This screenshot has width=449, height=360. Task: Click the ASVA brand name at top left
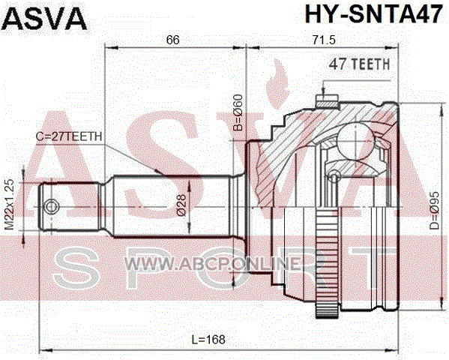pyautogui.click(x=44, y=19)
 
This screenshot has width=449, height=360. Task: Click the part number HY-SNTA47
pyautogui.click(x=374, y=14)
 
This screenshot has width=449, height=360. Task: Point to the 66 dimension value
pyautogui.click(x=172, y=40)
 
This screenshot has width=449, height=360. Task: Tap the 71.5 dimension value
pyautogui.click(x=324, y=40)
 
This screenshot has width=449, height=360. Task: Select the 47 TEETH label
pyautogui.click(x=359, y=64)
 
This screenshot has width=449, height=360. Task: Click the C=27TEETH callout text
pyautogui.click(x=69, y=136)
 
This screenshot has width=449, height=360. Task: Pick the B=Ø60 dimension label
pyautogui.click(x=238, y=112)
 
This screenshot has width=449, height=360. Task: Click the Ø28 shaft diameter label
pyautogui.click(x=181, y=205)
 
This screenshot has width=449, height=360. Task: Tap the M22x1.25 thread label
pyautogui.click(x=10, y=204)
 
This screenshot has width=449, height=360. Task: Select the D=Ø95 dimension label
pyautogui.click(x=435, y=211)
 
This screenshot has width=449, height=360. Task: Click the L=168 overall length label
pyautogui.click(x=208, y=339)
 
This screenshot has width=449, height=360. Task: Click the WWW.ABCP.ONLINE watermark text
pyautogui.click(x=213, y=263)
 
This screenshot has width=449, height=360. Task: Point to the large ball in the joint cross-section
pyautogui.click(x=355, y=141)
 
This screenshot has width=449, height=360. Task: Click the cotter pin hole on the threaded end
pyautogui.click(x=52, y=207)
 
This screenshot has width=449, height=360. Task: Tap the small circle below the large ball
pyautogui.click(x=334, y=178)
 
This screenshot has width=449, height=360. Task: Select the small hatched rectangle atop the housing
pyautogui.click(x=327, y=101)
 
